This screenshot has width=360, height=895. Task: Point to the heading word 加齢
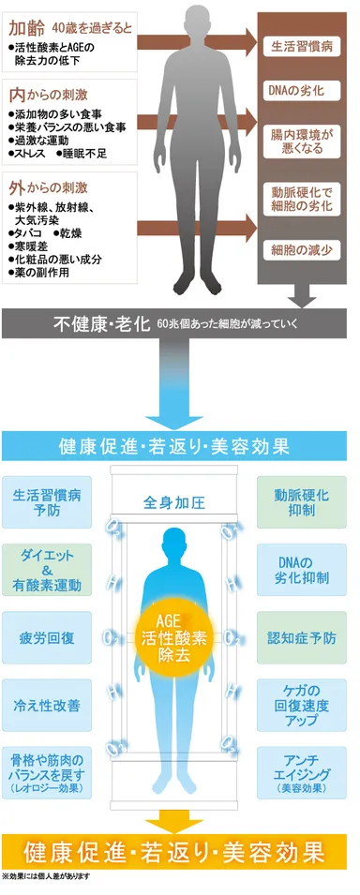pyautogui.click(x=25, y=29)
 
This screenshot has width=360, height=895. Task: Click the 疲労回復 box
pyautogui.click(x=47, y=638)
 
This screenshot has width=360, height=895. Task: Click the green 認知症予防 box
pyautogui.click(x=301, y=638)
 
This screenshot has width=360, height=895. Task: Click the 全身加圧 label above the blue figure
pyautogui.click(x=174, y=502)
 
